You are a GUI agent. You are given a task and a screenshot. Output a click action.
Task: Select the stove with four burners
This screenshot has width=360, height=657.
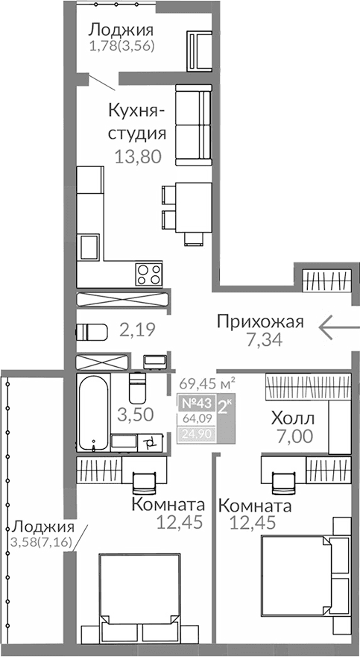pos(148,273)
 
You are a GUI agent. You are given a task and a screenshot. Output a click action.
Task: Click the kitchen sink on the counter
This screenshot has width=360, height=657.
pos(90,245)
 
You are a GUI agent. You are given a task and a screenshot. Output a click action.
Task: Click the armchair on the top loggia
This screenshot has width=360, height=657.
pos(200,50)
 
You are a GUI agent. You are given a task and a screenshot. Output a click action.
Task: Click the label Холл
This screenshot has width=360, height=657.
pos(292,418)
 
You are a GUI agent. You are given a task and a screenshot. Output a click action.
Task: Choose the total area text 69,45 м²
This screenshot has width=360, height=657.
pos(206,384)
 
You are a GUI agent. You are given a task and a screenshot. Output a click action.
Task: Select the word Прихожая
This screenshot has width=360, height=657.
pos(260,321)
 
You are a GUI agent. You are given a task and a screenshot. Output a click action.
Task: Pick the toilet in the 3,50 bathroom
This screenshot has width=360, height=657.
pos(136,387)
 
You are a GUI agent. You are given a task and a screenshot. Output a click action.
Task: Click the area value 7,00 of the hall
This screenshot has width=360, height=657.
pos(292,437)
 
